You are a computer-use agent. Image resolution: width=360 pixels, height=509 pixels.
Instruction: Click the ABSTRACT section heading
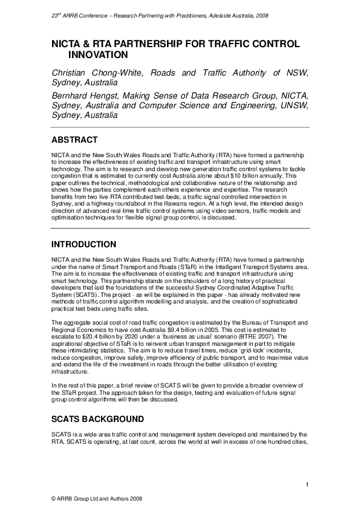pos(74,140)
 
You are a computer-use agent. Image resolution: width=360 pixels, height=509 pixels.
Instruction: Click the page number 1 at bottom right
pos(307,485)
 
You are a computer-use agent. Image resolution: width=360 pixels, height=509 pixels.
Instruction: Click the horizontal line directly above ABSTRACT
pos(180,128)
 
